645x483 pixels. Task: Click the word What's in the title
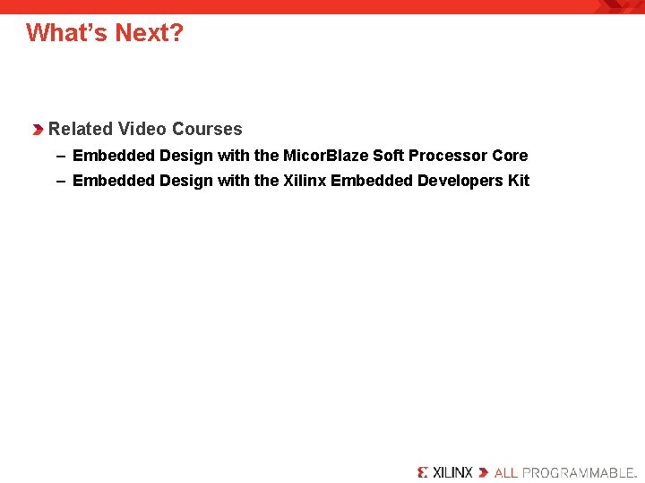pos(65,33)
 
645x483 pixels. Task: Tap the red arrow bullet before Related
pos(39,130)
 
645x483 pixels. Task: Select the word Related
pos(81,129)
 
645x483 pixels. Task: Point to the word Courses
pos(207,129)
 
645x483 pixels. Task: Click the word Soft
pos(388,156)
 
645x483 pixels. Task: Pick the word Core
pos(510,156)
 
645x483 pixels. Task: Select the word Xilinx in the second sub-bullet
pos(305,181)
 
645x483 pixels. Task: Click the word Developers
pos(460,181)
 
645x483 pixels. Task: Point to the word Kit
pos(519,181)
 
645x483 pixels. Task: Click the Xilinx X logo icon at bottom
pos(423,471)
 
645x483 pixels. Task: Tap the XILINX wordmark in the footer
pos(452,471)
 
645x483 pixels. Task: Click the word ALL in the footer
pos(506,471)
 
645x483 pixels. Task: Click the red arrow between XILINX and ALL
pos(484,471)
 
